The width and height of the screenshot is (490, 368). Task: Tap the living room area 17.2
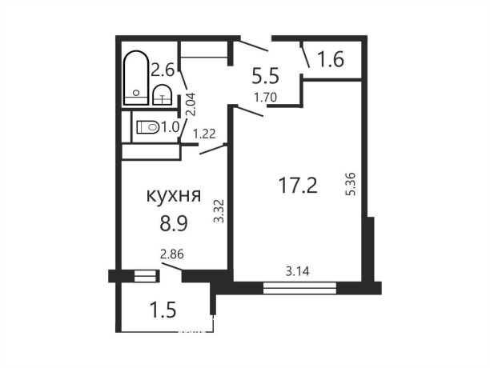(298, 186)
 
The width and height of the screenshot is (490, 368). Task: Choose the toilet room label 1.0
(171, 126)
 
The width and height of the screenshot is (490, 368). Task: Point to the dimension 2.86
(171, 254)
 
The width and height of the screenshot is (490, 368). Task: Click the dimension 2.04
(191, 104)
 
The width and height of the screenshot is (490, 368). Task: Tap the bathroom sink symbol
(163, 94)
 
